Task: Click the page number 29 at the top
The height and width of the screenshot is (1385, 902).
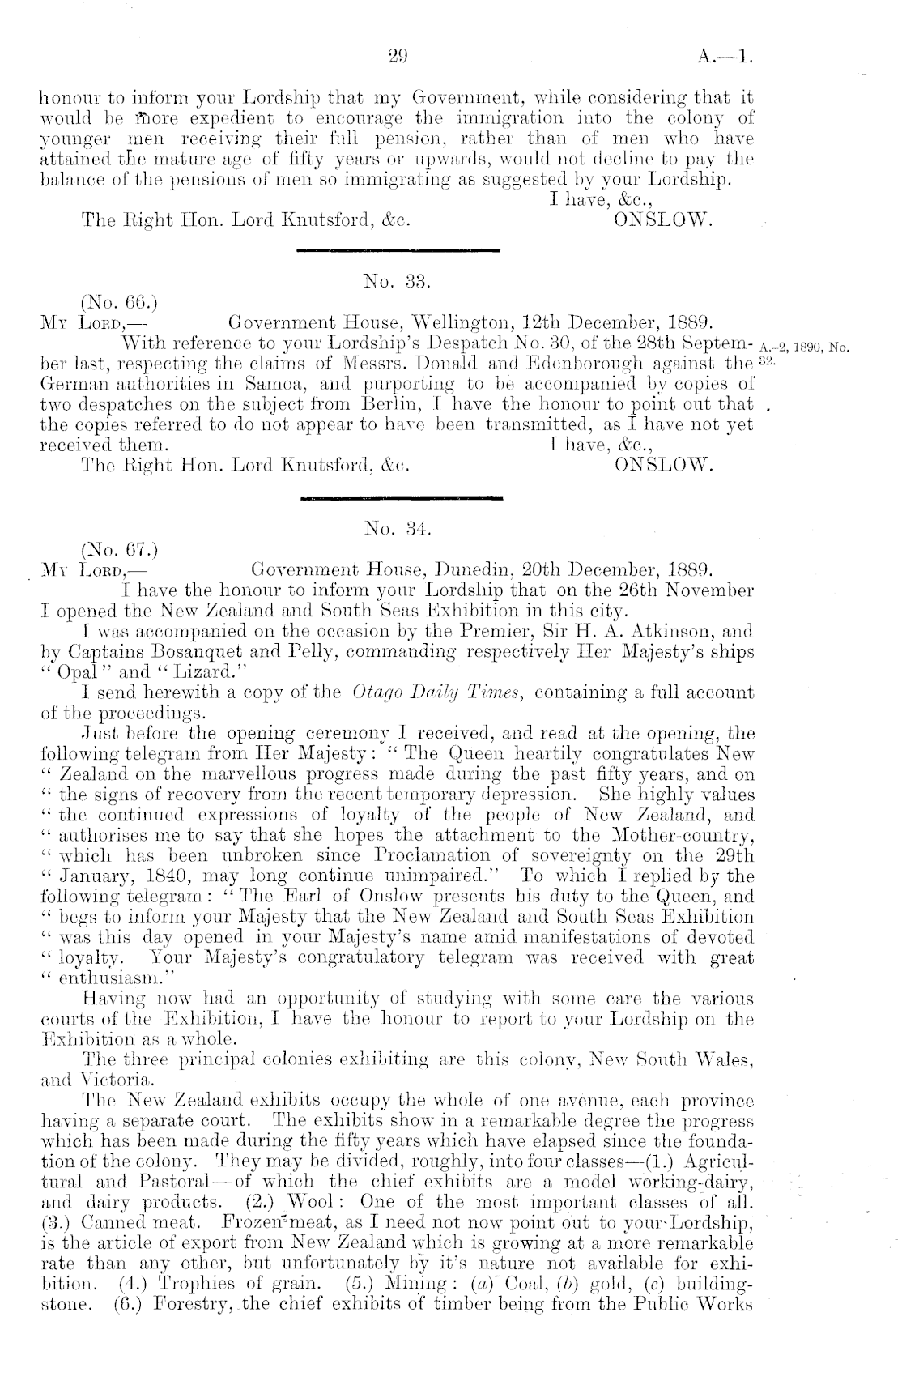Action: point(397,58)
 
